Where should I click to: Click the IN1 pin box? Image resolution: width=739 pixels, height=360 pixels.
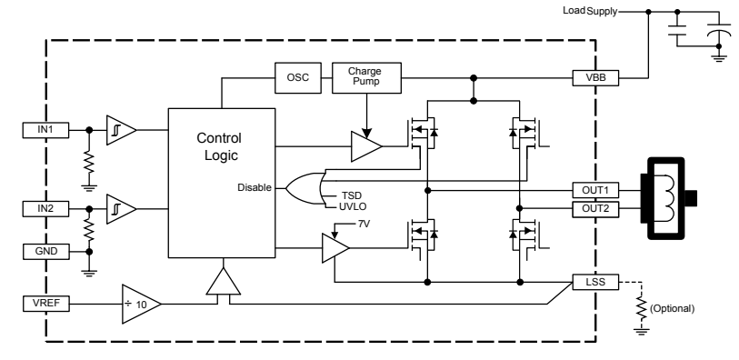pyautogui.click(x=46, y=130)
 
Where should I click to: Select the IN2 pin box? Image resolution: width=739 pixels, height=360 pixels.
pyautogui.click(x=46, y=209)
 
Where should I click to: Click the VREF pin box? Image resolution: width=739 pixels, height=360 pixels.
pyautogui.click(x=46, y=302)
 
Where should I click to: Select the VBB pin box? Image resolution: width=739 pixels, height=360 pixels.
pyautogui.click(x=595, y=78)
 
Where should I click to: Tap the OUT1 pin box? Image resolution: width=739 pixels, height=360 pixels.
pyautogui.click(x=595, y=191)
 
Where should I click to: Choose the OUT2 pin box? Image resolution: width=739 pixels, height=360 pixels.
pyautogui.click(x=595, y=208)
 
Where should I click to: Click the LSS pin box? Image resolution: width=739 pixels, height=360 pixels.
pyautogui.click(x=595, y=282)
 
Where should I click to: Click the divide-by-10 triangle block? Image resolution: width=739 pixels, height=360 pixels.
pyautogui.click(x=141, y=302)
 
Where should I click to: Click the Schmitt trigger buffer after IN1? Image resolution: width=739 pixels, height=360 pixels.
pyautogui.click(x=120, y=130)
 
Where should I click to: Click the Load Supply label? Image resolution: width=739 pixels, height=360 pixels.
pyautogui.click(x=590, y=11)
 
